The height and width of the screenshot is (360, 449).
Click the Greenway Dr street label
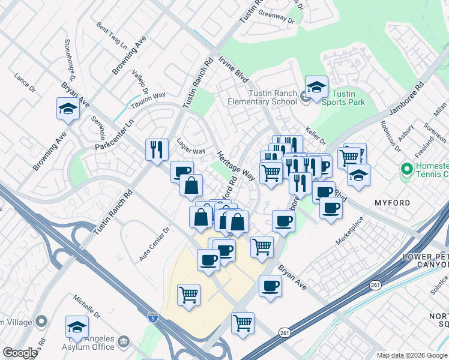tap(277, 18)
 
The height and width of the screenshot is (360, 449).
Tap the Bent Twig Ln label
tap(112, 35)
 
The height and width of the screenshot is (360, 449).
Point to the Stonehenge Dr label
tap(68, 61)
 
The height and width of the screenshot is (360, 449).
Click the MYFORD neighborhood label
tap(393, 203)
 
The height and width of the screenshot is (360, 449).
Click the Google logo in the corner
tap(20, 352)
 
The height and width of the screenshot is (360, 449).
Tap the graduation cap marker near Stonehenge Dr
tap(68, 109)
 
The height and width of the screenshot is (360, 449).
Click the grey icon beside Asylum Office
tap(124, 342)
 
